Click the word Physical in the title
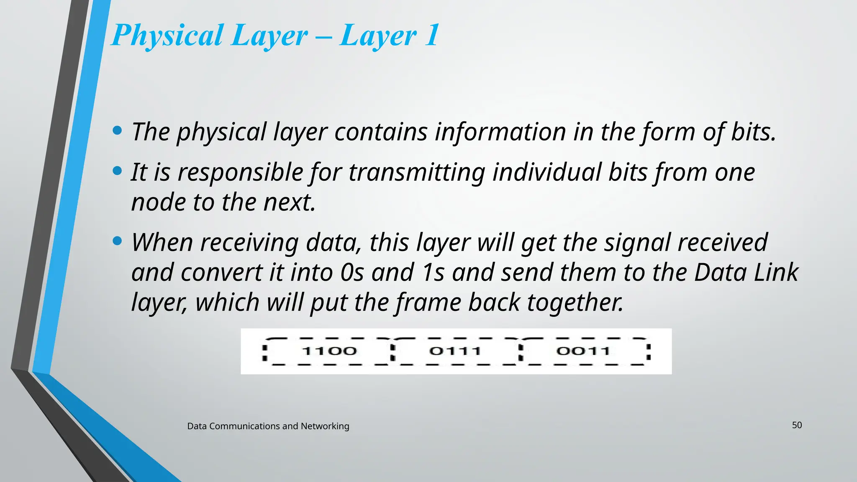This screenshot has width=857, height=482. pos(167,36)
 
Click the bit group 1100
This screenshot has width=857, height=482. pos(329,351)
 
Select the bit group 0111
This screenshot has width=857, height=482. pos(455,351)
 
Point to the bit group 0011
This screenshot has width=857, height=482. pos(583,351)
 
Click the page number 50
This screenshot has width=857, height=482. pos(797,425)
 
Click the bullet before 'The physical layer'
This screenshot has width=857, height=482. pos(118,131)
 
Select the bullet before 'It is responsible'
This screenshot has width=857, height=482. pos(118,171)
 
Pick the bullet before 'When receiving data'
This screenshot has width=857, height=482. pos(118,241)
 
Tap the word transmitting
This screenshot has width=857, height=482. pos(417,172)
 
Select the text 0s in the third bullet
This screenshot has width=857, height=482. pos(352,272)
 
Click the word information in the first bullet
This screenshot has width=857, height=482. pos(500,132)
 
